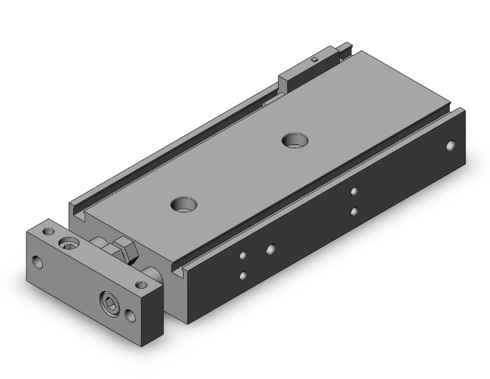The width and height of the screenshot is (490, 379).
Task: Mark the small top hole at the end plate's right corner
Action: [139, 285]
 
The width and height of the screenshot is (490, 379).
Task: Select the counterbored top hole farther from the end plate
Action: [292, 139]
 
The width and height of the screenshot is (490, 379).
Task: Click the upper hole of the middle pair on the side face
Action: [354, 191]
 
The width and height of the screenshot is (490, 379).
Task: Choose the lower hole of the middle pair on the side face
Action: [354, 211]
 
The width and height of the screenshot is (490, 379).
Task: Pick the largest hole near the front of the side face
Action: [270, 249]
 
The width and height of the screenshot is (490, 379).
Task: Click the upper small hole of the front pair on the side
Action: [243, 254]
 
